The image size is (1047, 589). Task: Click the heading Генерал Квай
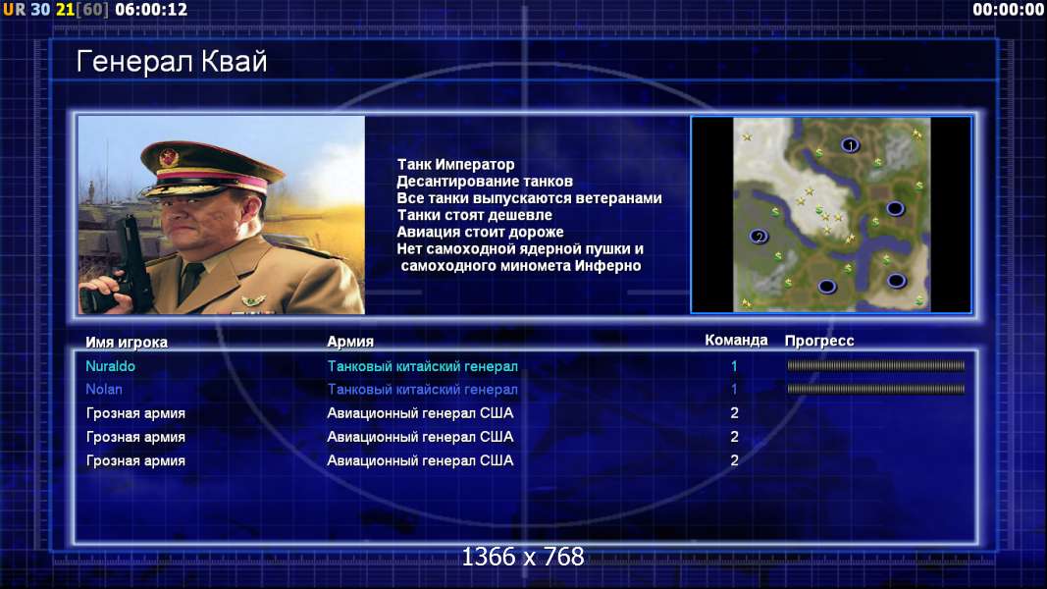pyautogui.click(x=172, y=62)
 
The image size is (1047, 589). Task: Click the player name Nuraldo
pyautogui.click(x=110, y=366)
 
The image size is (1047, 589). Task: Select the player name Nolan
pyautogui.click(x=103, y=390)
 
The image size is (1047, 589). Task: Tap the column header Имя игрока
pyautogui.click(x=127, y=342)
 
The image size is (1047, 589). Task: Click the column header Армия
pyautogui.click(x=350, y=342)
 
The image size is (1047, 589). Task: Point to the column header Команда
pyautogui.click(x=736, y=340)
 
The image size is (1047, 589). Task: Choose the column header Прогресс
pyautogui.click(x=819, y=341)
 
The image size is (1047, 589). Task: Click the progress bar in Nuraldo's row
pyautogui.click(x=875, y=365)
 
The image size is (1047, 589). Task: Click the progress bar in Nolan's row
pyautogui.click(x=875, y=389)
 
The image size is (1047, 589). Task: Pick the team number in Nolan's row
pyautogui.click(x=734, y=390)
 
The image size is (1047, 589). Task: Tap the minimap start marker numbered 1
pyautogui.click(x=850, y=144)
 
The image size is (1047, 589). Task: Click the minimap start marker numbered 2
pyautogui.click(x=758, y=237)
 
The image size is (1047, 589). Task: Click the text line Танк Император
pyautogui.click(x=455, y=164)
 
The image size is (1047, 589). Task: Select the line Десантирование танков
pyautogui.click(x=485, y=181)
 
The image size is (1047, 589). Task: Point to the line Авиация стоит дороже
pyautogui.click(x=480, y=232)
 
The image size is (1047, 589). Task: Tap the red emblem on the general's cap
pyautogui.click(x=168, y=158)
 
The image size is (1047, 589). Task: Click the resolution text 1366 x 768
pyautogui.click(x=523, y=557)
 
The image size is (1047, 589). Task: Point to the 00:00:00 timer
pyautogui.click(x=1008, y=10)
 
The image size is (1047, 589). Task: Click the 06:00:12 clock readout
pyautogui.click(x=151, y=10)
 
